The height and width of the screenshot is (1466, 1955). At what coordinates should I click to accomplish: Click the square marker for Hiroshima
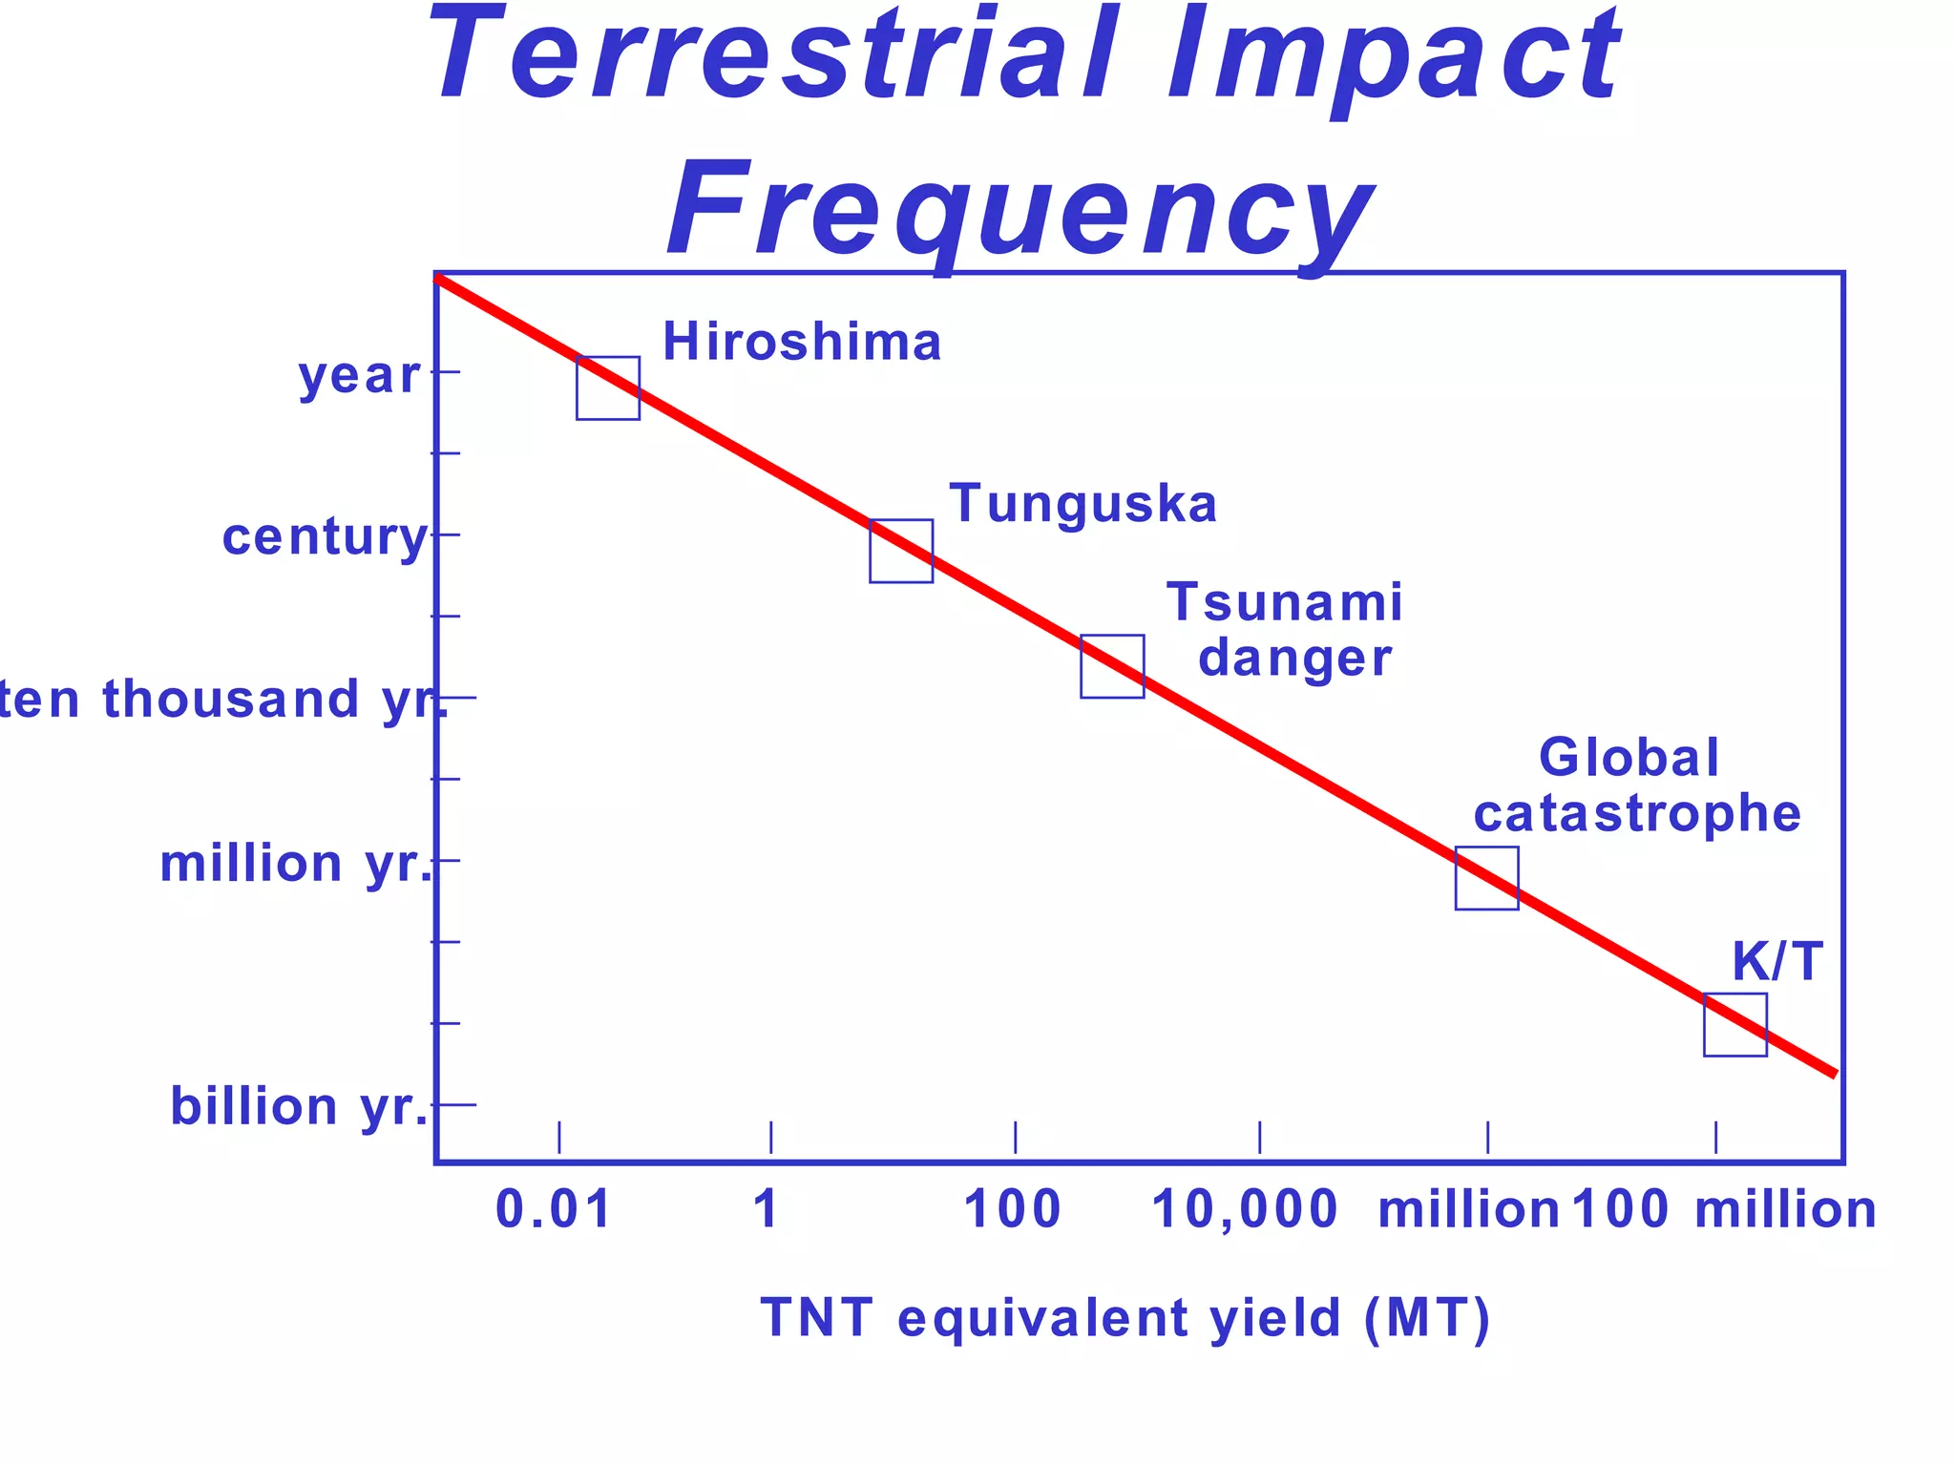pyautogui.click(x=607, y=387)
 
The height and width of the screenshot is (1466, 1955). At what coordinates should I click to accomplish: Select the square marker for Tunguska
pyautogui.click(x=900, y=551)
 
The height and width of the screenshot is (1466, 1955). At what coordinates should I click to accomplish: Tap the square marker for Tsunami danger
pyautogui.click(x=1112, y=666)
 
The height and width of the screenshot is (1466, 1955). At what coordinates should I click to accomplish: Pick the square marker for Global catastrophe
pyautogui.click(x=1486, y=878)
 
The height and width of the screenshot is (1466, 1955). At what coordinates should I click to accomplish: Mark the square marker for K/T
pyautogui.click(x=1734, y=1024)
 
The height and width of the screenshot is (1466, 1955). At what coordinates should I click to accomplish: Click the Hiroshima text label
pyautogui.click(x=802, y=342)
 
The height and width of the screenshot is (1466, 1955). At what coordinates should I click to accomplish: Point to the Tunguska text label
pyautogui.click(x=1083, y=504)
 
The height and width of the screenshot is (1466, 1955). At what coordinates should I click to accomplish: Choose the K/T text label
pyautogui.click(x=1776, y=961)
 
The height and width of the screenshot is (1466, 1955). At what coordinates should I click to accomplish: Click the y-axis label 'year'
pyautogui.click(x=359, y=375)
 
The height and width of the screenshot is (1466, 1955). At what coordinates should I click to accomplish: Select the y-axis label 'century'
pyautogui.click(x=325, y=537)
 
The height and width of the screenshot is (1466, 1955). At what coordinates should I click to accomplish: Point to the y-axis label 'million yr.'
pyautogui.click(x=296, y=864)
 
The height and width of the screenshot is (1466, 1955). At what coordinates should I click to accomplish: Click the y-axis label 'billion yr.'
pyautogui.click(x=300, y=1107)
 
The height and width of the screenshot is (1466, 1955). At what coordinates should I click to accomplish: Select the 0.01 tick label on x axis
pyautogui.click(x=554, y=1209)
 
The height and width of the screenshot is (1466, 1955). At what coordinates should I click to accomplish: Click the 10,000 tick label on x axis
pyautogui.click(x=1245, y=1209)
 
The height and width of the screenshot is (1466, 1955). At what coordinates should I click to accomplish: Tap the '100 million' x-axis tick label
pyautogui.click(x=1724, y=1209)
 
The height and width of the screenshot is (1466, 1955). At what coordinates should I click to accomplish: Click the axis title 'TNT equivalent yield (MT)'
pyautogui.click(x=1125, y=1318)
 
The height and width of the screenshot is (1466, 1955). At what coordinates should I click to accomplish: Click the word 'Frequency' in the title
pyautogui.click(x=1020, y=210)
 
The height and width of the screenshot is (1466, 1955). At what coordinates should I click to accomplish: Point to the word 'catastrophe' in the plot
pyautogui.click(x=1636, y=813)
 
